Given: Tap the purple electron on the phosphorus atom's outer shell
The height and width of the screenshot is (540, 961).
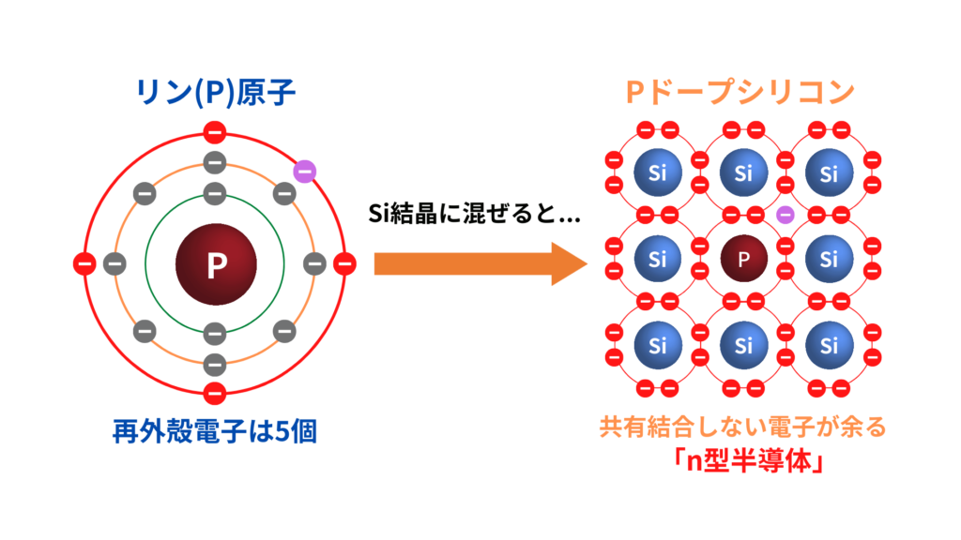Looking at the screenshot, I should click(304, 171).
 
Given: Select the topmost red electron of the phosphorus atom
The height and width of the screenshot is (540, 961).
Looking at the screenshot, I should click(215, 132).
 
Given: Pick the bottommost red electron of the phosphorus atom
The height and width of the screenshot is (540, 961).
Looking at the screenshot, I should click(215, 393).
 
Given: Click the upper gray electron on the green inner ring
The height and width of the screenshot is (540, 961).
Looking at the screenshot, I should click(215, 193).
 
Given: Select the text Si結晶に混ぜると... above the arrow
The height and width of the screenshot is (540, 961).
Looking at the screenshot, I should click(474, 215).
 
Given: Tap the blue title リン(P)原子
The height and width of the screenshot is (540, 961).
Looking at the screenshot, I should click(215, 91).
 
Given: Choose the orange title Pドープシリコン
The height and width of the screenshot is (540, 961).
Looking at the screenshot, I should click(740, 91).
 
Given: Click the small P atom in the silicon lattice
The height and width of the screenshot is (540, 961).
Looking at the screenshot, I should click(743, 260).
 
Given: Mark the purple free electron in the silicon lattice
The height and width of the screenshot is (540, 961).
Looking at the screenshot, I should click(786, 215).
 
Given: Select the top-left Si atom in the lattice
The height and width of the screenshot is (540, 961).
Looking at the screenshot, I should click(657, 173).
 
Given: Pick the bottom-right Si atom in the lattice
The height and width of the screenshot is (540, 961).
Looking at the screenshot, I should click(829, 346).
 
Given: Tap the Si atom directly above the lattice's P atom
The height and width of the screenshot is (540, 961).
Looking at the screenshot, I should click(743, 173).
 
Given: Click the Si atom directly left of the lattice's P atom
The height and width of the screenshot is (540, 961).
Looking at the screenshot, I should click(657, 260).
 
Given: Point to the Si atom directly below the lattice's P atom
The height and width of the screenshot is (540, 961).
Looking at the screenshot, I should click(743, 346).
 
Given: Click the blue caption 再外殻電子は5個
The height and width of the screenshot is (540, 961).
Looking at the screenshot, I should click(215, 434).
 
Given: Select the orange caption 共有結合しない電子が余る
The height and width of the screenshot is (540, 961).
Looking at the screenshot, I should click(742, 429).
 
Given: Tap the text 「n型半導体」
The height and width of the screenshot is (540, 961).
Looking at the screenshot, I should click(742, 462).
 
